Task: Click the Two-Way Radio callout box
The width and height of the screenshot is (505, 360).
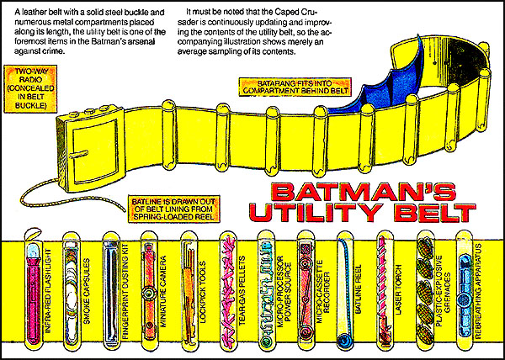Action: click(x=30, y=89)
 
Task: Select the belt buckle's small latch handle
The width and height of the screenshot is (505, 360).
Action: click(x=78, y=155)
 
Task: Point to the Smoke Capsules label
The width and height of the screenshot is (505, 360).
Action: click(x=87, y=291)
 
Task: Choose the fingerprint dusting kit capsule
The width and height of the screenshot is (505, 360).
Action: click(x=111, y=292)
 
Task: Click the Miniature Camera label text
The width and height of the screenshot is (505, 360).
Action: click(x=163, y=292)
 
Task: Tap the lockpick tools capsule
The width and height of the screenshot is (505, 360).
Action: click(x=189, y=292)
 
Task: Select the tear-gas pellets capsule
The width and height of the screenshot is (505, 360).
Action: click(x=228, y=292)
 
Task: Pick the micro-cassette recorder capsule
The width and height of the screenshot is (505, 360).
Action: click(x=306, y=292)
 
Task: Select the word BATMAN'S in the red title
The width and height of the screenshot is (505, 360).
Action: click(x=364, y=193)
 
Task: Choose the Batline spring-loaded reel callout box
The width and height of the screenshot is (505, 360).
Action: click(x=174, y=209)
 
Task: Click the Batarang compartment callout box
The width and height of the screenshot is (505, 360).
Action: click(x=294, y=87)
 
